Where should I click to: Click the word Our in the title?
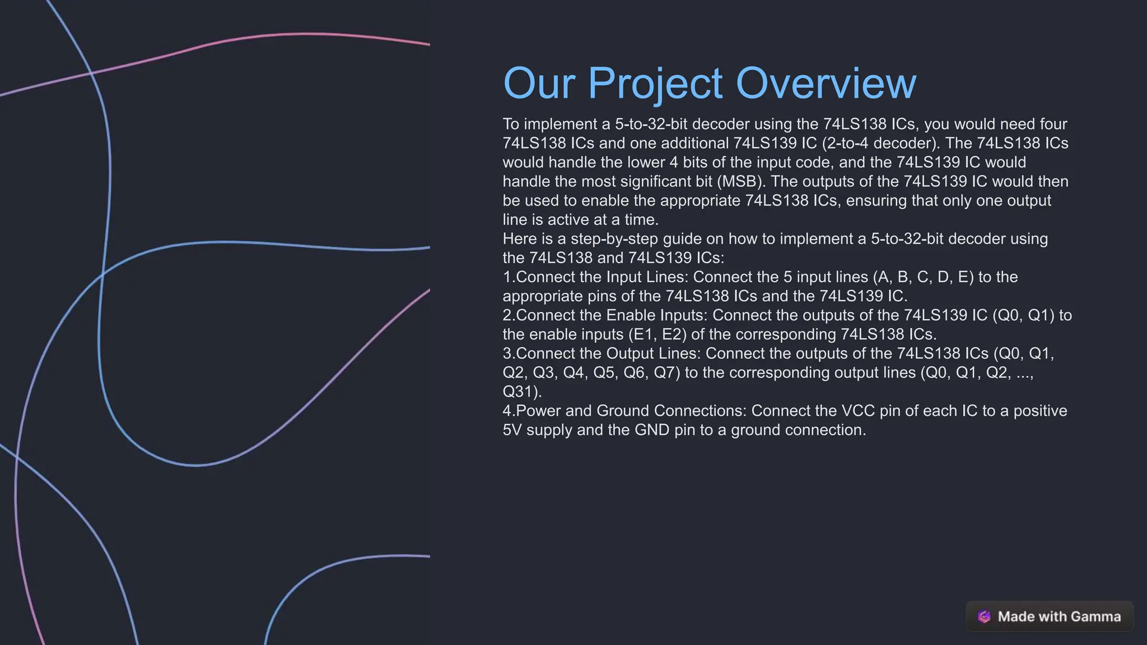(x=539, y=83)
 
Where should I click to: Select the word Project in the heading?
(x=655, y=83)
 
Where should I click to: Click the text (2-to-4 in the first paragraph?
(x=845, y=143)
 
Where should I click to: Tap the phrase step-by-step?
(x=614, y=239)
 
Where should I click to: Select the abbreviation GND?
(x=651, y=430)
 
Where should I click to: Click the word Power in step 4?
(x=538, y=411)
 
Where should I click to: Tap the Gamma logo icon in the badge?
(x=984, y=616)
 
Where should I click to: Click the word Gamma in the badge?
(x=1095, y=616)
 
